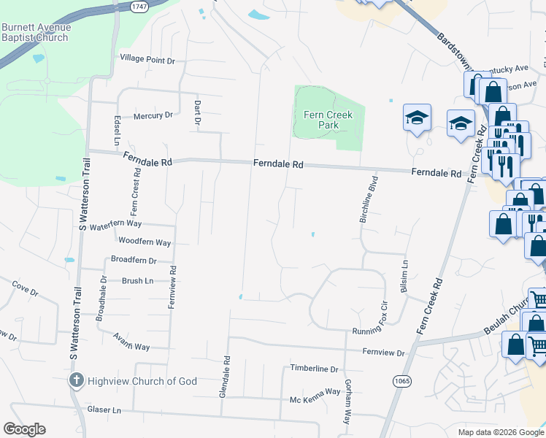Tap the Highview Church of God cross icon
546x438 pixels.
click(x=76, y=380)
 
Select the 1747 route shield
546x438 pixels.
click(x=140, y=5)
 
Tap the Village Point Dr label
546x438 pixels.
click(x=148, y=59)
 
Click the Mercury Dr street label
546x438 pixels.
click(x=153, y=115)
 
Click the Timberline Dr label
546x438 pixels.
click(x=315, y=369)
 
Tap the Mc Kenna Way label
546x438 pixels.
click(x=315, y=392)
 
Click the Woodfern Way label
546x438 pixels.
click(x=145, y=242)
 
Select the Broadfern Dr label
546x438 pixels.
click(x=134, y=260)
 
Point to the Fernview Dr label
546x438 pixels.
click(x=383, y=353)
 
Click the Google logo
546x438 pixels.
click(x=24, y=429)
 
